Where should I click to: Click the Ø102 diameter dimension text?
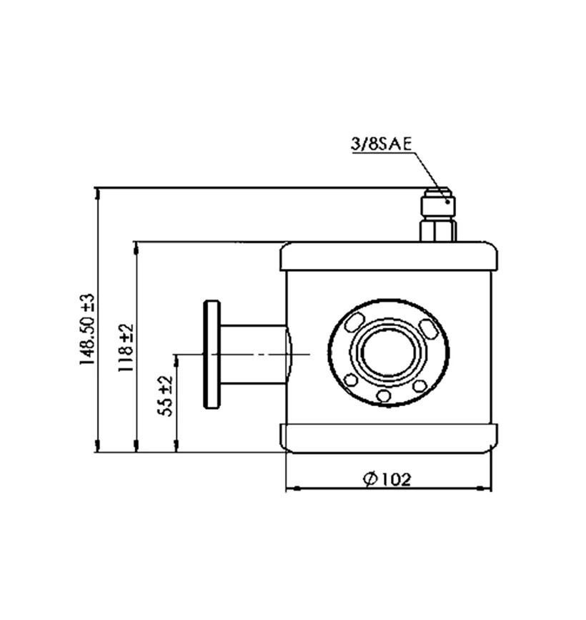[387, 478]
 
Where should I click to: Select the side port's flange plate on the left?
[212, 355]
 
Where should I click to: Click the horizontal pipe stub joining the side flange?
[254, 355]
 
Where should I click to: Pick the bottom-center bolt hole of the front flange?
[383, 395]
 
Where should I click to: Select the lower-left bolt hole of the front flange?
[351, 380]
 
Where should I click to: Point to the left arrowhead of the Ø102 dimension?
[290, 489]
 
